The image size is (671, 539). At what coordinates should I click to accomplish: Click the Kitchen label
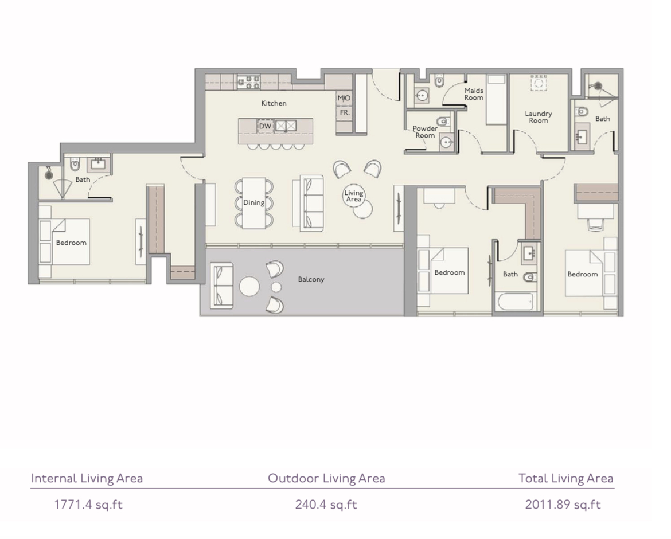click(274, 103)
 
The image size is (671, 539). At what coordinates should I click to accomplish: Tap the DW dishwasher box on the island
click(266, 126)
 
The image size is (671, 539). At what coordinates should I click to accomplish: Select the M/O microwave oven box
click(344, 98)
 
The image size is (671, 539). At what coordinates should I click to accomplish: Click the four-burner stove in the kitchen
click(249, 81)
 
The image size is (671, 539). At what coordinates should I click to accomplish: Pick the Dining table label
click(253, 202)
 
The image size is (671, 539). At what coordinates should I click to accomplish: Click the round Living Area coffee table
click(354, 196)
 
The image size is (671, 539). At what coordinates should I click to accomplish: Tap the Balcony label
click(311, 279)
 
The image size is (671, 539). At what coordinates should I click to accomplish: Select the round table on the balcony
click(249, 287)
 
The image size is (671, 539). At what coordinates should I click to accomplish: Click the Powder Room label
click(425, 132)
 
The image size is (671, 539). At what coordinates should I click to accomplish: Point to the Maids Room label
click(474, 94)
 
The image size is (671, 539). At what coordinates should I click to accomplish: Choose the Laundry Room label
click(539, 117)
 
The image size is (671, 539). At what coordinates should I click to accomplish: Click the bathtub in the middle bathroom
click(515, 302)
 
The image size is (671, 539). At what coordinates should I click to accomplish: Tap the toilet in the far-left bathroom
click(75, 164)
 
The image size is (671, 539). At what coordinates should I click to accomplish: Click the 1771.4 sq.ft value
click(88, 505)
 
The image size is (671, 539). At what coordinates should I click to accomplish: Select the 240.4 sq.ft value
click(326, 505)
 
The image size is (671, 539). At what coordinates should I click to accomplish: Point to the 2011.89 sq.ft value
click(563, 505)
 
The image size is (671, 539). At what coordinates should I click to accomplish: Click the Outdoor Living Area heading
click(326, 478)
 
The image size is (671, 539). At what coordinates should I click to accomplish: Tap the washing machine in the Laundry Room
click(539, 83)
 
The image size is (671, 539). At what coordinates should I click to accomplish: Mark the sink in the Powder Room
click(447, 142)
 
